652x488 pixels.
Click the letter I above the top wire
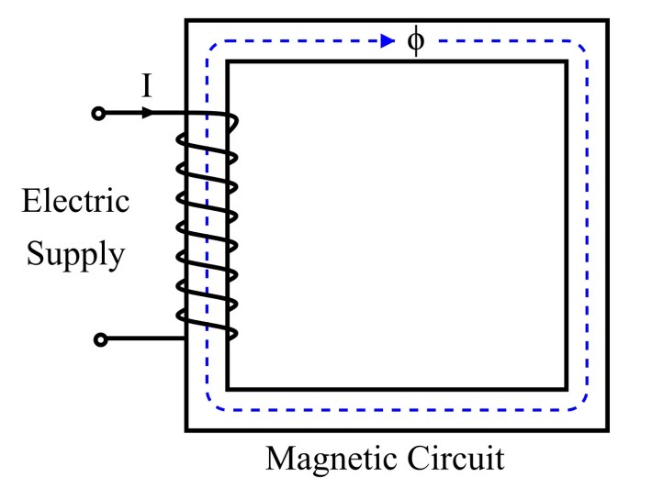[146, 88]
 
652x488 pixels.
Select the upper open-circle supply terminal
[100, 114]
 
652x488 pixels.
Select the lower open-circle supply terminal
[101, 339]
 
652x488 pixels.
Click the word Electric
[75, 201]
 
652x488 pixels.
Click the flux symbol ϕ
[415, 41]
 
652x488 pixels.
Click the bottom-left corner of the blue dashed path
[209, 407]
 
